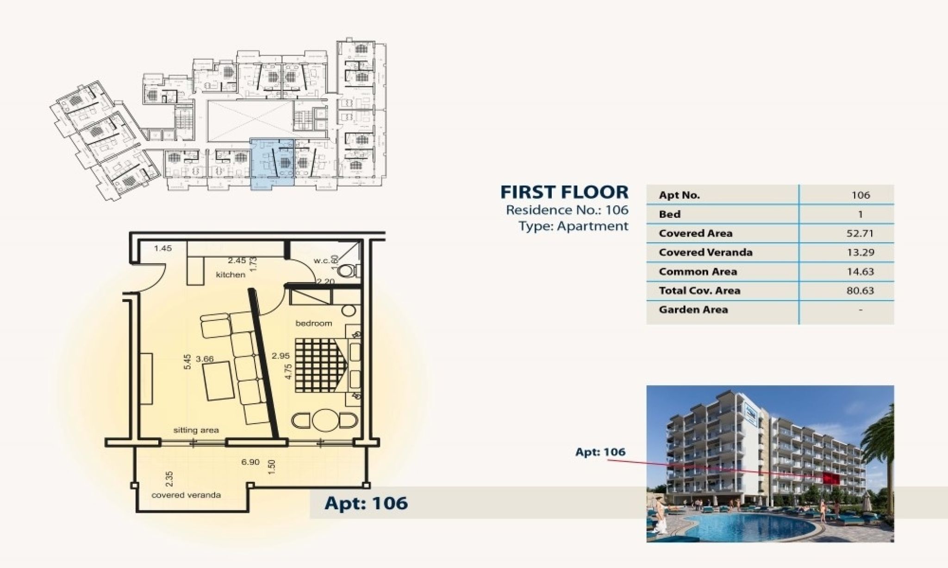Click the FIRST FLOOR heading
point(565,191)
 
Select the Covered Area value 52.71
point(860,233)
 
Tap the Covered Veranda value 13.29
point(860,253)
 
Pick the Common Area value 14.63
point(860,272)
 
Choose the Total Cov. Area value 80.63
point(860,291)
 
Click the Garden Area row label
point(693,309)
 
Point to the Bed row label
point(670,214)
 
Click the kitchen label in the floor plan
point(231,275)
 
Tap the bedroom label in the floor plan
point(314,323)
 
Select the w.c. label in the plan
point(322,261)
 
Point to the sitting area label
point(196,430)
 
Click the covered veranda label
point(187,495)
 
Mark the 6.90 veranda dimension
point(250,462)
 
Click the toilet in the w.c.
point(346,271)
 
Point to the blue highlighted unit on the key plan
point(272,164)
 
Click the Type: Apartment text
point(574,226)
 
